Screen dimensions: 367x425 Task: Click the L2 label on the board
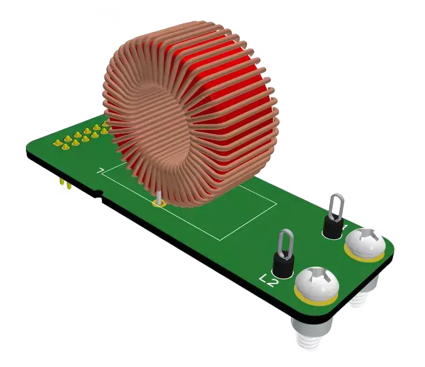[269, 280]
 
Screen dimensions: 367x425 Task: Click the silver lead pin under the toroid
[159, 197]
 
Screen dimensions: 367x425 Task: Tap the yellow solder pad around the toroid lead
[159, 204]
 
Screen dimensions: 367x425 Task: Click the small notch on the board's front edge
[97, 195]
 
